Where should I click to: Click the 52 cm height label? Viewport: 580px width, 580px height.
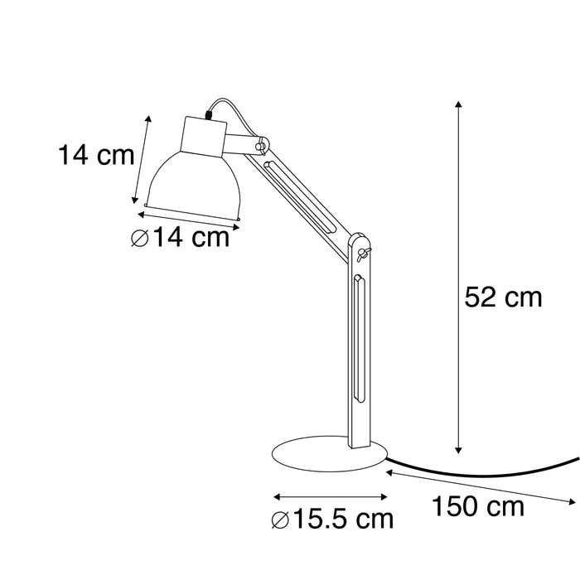click(503, 297)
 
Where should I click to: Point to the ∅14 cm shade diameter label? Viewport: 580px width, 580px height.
click(180, 238)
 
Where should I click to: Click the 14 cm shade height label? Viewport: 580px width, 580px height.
click(96, 155)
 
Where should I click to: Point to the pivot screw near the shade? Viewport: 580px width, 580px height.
click(261, 147)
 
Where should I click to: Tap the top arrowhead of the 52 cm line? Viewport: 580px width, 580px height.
click(458, 105)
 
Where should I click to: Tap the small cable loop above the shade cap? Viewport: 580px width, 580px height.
click(214, 107)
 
